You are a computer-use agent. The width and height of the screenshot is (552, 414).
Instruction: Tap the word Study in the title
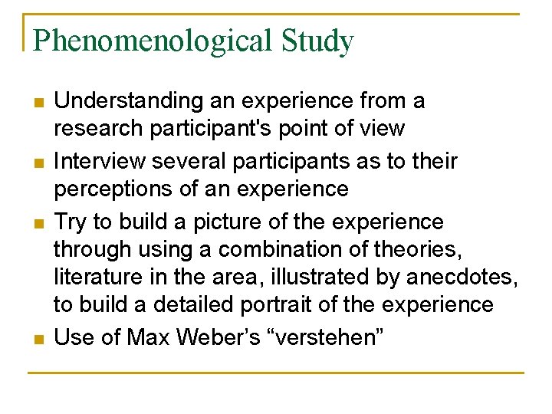[x=317, y=40]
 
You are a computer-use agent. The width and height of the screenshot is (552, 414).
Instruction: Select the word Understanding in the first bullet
[x=127, y=100]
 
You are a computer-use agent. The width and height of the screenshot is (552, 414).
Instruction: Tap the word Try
[x=70, y=222]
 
